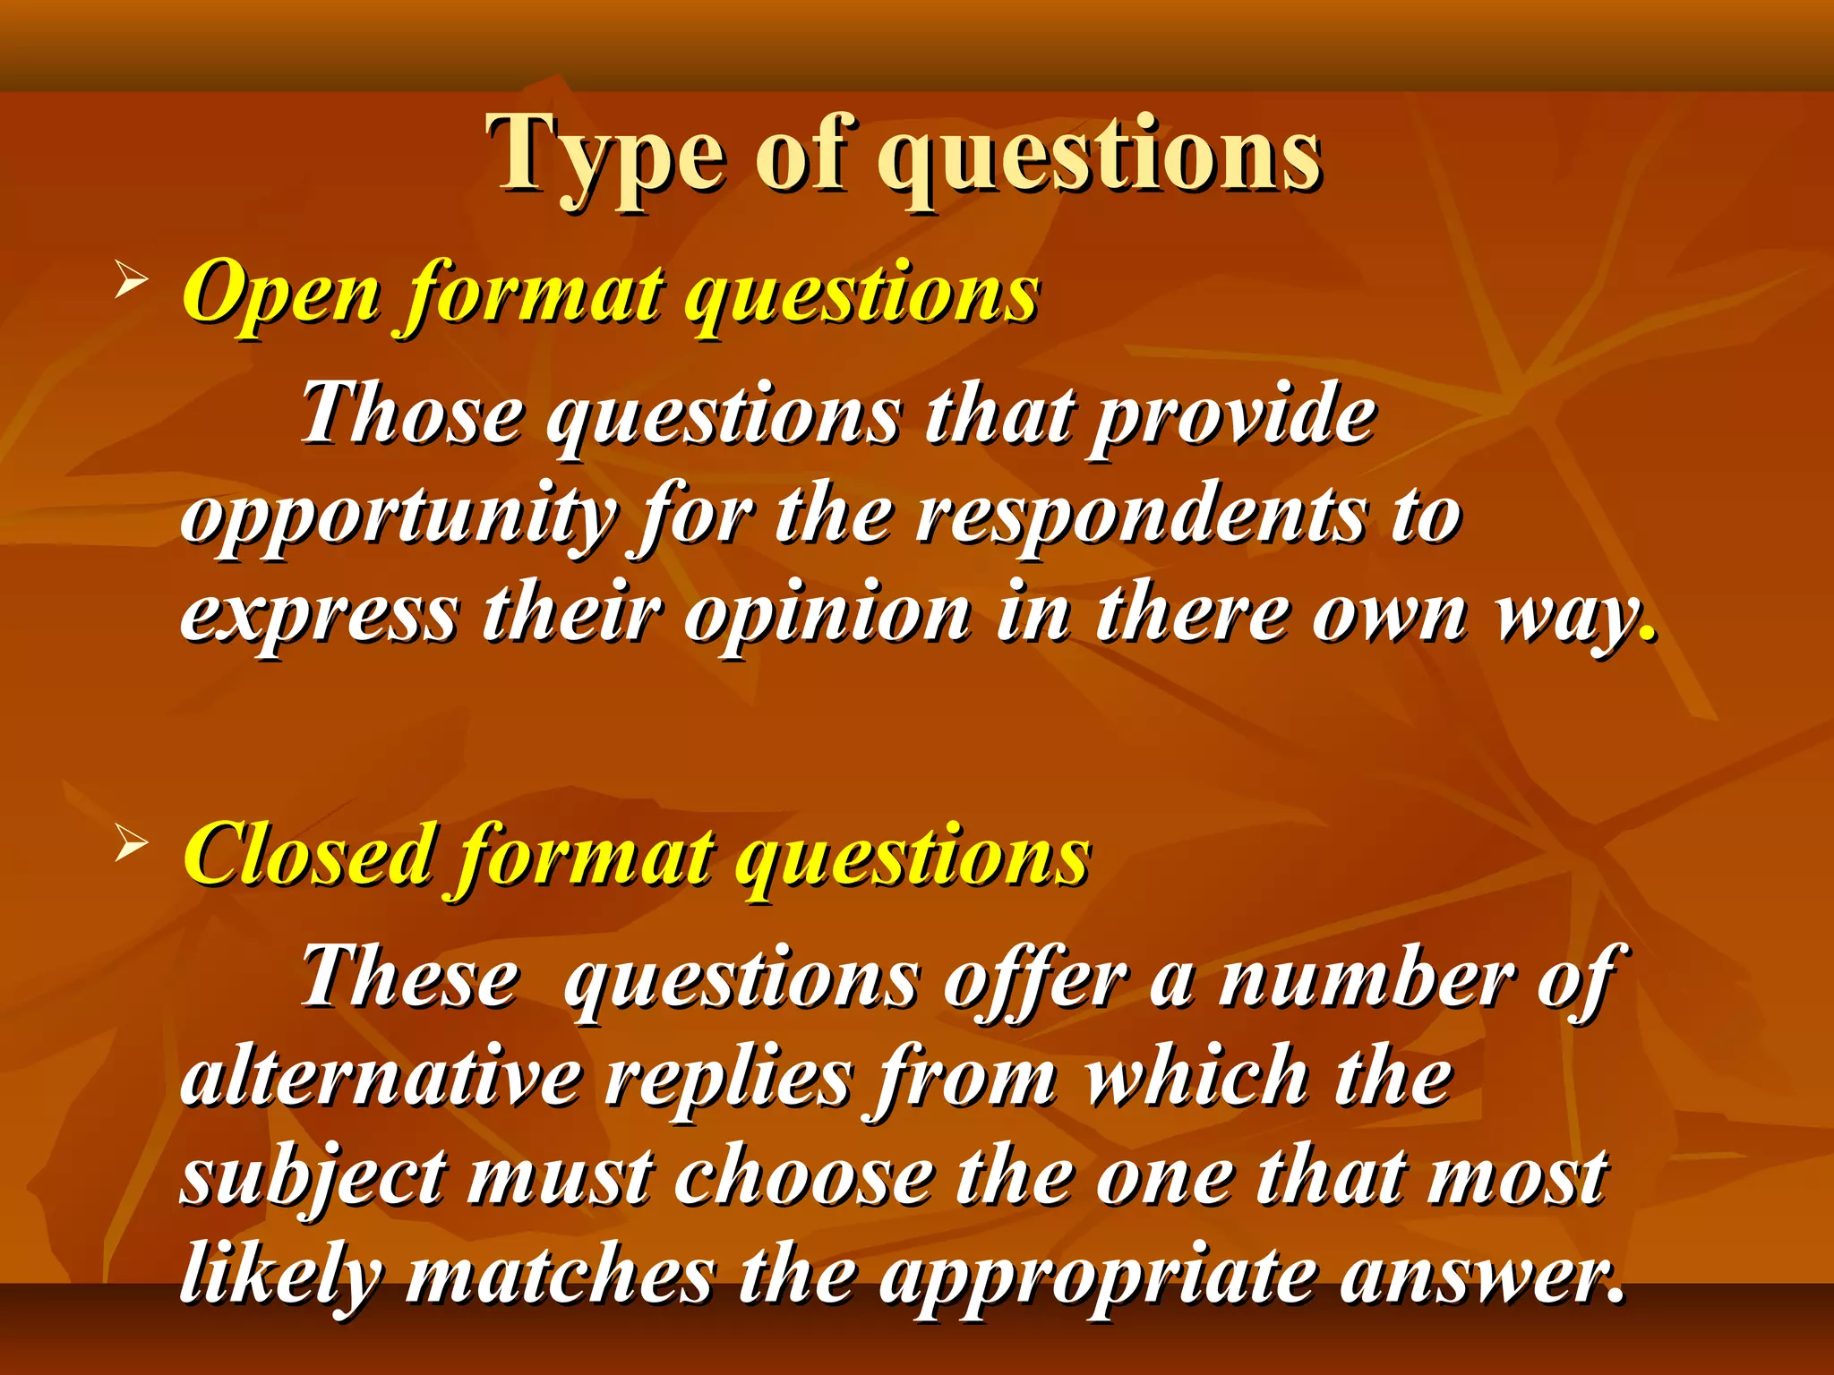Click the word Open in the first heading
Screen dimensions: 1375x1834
coord(281,294)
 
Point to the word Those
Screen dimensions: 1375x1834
coord(411,414)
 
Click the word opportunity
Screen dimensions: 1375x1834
coord(398,519)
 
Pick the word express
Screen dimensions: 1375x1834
coord(319,618)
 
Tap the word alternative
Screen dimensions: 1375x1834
coord(381,1078)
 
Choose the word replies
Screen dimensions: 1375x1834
coord(727,1080)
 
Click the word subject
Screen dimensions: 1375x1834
coord(313,1178)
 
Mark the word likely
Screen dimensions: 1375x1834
coord(281,1277)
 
